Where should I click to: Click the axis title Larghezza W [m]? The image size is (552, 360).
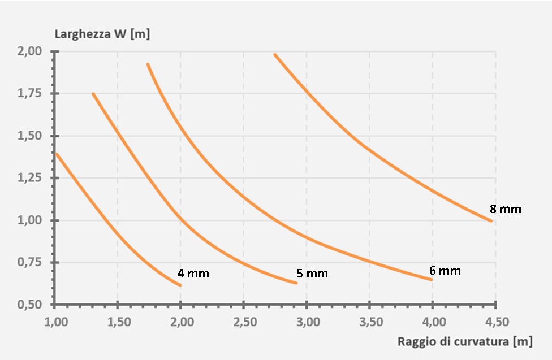pyautogui.click(x=102, y=33)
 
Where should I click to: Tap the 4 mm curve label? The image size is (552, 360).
pyautogui.click(x=193, y=274)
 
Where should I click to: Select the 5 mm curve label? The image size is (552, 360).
pyautogui.click(x=312, y=274)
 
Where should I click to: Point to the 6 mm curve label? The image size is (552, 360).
pyautogui.click(x=445, y=271)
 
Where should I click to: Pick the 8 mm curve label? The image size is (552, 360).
pyautogui.click(x=505, y=209)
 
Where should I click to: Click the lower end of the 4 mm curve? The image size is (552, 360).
pyautogui.click(x=180, y=285)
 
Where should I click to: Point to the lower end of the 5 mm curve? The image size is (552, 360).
pyautogui.click(x=296, y=283)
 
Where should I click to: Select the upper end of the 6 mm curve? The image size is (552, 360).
pyautogui.click(x=148, y=64)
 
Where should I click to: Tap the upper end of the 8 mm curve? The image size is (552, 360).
pyautogui.click(x=274, y=54)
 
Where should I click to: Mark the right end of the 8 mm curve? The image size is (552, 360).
pyautogui.click(x=491, y=220)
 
